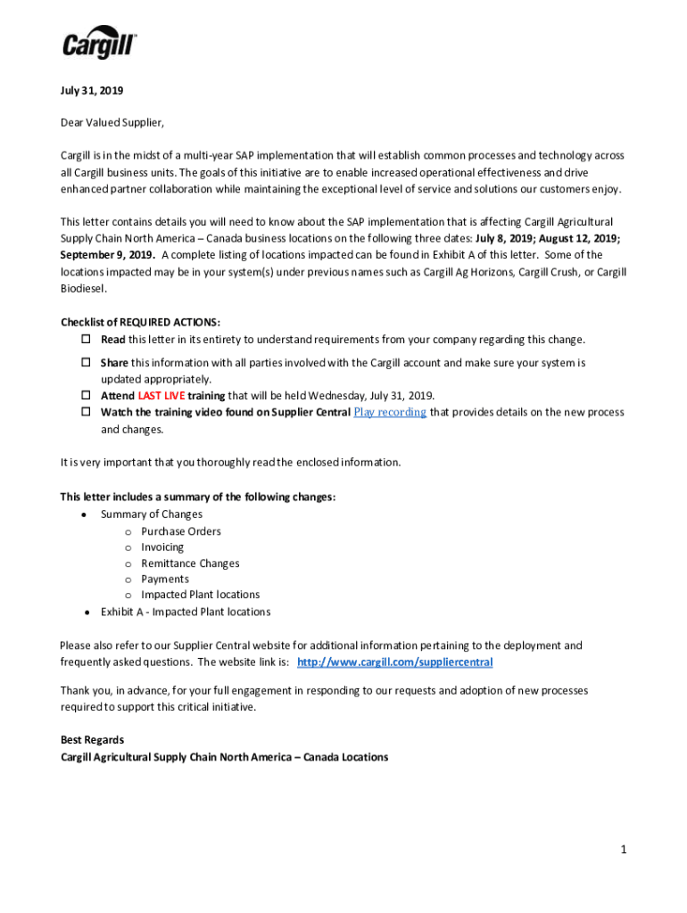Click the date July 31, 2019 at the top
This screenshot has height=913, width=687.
pos(92,90)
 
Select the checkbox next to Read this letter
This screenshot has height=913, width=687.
pos(87,340)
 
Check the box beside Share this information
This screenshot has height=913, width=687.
pos(87,363)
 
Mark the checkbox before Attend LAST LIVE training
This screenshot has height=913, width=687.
pos(87,396)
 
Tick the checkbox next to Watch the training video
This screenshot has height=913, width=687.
pos(87,412)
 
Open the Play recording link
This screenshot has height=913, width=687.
pos(390,412)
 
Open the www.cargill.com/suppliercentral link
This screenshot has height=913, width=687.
pos(394,662)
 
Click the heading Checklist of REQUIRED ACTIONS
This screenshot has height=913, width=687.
pos(140,322)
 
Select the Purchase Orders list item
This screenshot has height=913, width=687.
pos(181,531)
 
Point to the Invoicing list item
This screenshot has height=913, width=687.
pos(162,547)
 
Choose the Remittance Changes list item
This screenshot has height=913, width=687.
pos(190,563)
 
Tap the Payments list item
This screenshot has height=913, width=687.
pos(165,580)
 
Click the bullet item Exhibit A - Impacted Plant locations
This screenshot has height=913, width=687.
pos(186,612)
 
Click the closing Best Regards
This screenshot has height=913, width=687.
pos(92,740)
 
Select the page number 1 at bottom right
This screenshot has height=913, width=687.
pos(625,850)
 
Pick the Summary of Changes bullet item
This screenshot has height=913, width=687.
pos(152,514)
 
